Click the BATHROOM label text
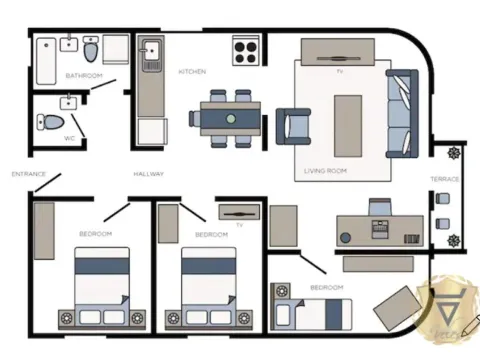point(84,76)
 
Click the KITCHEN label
point(192,72)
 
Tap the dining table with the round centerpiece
point(231,117)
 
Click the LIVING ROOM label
point(325,172)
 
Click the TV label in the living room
point(340,72)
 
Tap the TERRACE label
point(445,179)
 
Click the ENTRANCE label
point(29,174)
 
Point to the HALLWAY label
point(149,174)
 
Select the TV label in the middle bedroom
point(239,225)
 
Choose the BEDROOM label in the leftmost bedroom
point(96,234)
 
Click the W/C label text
point(70,138)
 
